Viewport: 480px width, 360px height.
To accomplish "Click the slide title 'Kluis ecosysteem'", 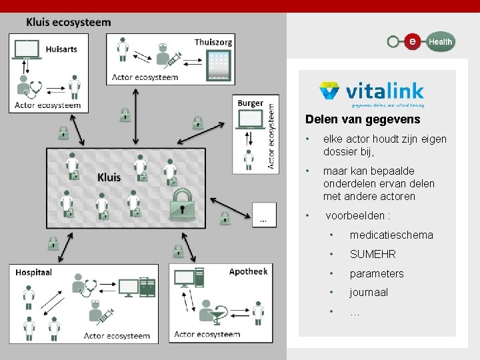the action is pos(69,22).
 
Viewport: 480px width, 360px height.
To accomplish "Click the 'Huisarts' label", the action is pos(61,49).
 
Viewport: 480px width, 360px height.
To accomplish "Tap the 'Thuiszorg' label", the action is pos(213,42).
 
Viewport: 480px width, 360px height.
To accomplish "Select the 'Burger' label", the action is pos(250,103).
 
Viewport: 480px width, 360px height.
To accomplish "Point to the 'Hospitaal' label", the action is pos(34,272).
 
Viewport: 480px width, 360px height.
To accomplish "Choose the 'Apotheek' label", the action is pos(248,271).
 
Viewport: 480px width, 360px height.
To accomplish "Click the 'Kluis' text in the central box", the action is pos(109,177).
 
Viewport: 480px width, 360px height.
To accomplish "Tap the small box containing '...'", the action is pos(264,213).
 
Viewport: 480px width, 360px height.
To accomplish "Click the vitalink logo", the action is pos(371,94).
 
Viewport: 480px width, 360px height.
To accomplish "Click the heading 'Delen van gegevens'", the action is pos(363,120).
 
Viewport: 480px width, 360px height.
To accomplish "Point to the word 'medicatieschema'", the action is pos(391,235).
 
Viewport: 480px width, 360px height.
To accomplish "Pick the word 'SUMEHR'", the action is pos(373,254).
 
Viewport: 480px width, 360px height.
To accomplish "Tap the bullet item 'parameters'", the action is pos(377,273).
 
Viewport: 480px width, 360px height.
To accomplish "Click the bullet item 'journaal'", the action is pos(369,292).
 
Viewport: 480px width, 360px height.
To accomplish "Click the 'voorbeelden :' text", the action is pos(357,215).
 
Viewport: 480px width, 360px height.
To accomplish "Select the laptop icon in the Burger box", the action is pos(251,119).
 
